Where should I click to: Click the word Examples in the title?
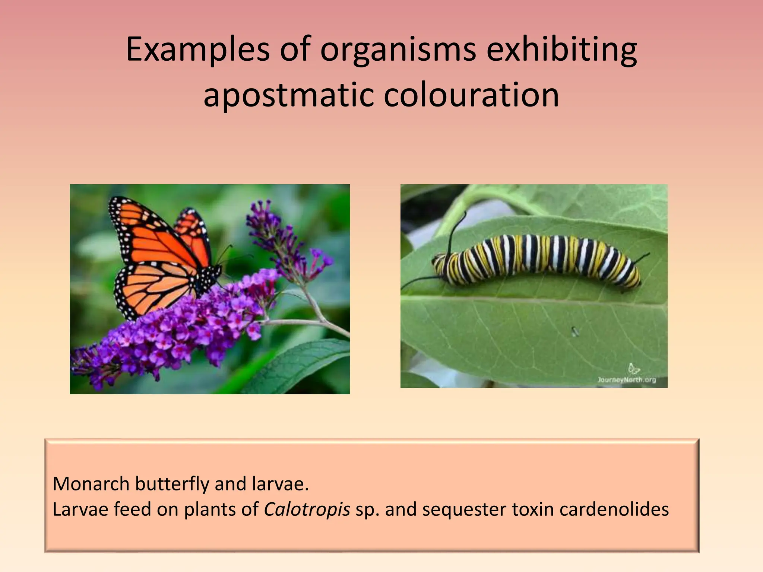pos(197,50)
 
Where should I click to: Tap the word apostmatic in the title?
pos(288,95)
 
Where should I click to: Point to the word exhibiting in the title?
pos(561,50)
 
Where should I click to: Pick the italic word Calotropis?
pos(307,509)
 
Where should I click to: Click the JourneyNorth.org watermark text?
pos(626,380)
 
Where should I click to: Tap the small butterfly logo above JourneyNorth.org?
pos(633,369)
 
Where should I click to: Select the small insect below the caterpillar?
pos(574,331)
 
